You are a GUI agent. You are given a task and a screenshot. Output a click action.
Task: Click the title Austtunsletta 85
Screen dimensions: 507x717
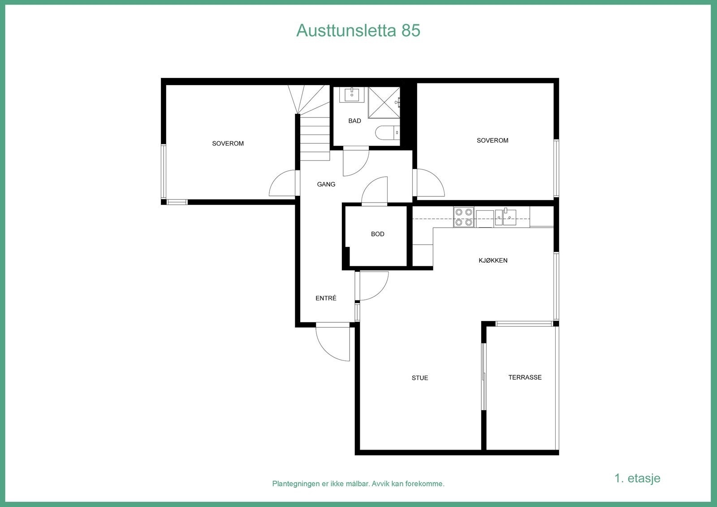[x=358, y=30]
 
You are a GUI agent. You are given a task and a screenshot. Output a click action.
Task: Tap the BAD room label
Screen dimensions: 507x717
[x=354, y=121]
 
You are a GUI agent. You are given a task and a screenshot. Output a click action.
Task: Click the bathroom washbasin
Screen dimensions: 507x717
[x=352, y=95]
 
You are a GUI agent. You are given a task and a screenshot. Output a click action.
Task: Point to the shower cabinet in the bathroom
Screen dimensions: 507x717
[x=384, y=103]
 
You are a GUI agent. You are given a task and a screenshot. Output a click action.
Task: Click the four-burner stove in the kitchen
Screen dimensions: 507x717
[x=463, y=217]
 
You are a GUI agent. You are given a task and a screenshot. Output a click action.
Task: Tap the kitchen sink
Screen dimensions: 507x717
[x=505, y=217]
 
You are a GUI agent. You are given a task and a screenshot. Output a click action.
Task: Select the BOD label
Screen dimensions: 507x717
[x=377, y=234]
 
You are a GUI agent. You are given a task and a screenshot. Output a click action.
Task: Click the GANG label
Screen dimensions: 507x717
[x=326, y=184]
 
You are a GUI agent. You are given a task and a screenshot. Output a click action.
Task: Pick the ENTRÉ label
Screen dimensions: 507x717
[x=326, y=298]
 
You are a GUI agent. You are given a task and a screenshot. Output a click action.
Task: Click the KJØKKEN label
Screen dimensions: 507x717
[x=493, y=260]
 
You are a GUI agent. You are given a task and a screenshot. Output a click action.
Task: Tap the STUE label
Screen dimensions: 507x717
[x=420, y=378]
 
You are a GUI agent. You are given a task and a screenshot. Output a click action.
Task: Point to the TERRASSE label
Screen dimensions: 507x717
[x=525, y=377]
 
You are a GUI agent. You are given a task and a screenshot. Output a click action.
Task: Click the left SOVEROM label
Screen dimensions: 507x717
[x=228, y=143]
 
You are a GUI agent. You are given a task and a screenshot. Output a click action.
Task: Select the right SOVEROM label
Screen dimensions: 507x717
[x=492, y=140]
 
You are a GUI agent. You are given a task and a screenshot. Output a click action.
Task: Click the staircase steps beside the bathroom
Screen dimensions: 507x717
[x=315, y=134]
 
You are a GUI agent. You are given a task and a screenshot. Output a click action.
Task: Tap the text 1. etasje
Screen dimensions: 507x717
[x=637, y=478]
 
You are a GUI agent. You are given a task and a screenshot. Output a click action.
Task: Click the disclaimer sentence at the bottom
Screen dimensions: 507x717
[x=358, y=484]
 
